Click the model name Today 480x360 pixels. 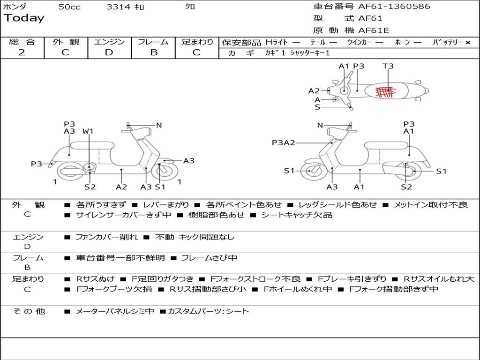pos(24,18)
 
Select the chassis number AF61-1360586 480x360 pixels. pos(394,6)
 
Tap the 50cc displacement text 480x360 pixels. pos(69,7)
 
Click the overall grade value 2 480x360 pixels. pos(22,52)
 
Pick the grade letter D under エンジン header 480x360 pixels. pos(109,52)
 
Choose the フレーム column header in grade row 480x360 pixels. pos(153,42)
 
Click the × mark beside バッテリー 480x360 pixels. pos(468,43)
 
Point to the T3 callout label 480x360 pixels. pos(388,66)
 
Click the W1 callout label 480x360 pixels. pos(88,131)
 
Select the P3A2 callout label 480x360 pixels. pos(284,142)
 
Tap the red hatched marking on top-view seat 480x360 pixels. pos(386,91)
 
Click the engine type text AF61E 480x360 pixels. pos(374,30)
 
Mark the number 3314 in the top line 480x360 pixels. pos(119,7)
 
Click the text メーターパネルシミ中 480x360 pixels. pos(114,311)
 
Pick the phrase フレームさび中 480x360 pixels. pos(210,258)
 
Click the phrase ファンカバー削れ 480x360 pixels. pos(106,237)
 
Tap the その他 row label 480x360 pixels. pos(29,311)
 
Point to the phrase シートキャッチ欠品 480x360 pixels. pos(297,215)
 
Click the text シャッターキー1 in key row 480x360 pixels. pos(310,53)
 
